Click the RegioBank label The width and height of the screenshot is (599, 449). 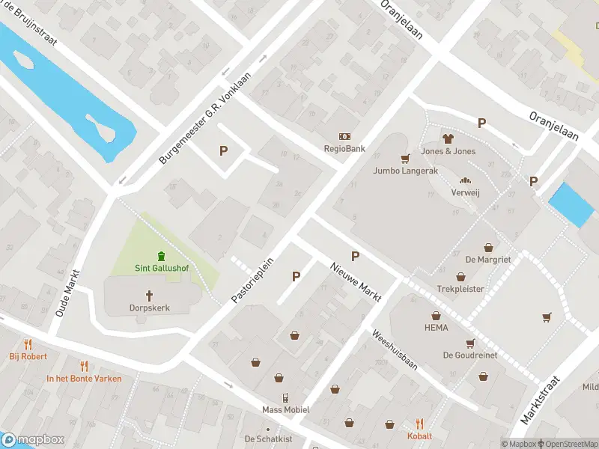click(x=344, y=149)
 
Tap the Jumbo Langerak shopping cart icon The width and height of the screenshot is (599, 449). click(x=405, y=158)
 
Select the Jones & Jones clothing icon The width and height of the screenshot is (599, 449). click(x=448, y=138)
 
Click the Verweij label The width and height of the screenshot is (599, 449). click(x=465, y=192)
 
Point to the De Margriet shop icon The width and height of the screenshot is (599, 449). click(x=488, y=248)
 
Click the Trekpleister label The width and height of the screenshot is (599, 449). click(x=460, y=289)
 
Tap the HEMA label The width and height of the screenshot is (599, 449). click(x=436, y=328)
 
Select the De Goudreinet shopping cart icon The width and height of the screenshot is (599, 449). click(x=470, y=343)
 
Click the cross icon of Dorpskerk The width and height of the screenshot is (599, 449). click(x=148, y=296)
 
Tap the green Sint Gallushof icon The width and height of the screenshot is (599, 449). click(x=161, y=256)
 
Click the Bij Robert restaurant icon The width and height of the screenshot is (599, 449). click(x=28, y=344)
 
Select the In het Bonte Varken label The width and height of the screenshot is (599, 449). click(x=84, y=379)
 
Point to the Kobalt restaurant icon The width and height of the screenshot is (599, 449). click(x=419, y=424)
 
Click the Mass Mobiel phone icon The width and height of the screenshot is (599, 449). click(x=285, y=397)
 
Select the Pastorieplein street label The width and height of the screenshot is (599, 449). click(x=253, y=281)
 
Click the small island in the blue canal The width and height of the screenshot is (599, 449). click(x=101, y=129)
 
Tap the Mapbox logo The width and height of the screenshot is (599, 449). click(x=33, y=440)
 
